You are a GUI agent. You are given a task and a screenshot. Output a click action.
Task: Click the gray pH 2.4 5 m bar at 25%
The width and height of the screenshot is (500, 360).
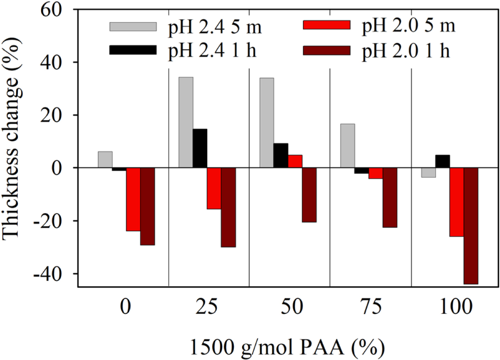tap(186, 122)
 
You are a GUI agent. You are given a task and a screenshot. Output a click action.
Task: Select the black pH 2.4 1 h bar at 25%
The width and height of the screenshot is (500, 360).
tap(200, 148)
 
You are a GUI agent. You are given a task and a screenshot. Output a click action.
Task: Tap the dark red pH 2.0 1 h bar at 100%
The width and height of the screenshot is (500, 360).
tap(471, 226)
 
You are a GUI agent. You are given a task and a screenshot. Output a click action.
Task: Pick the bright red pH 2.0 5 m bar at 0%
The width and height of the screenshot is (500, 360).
tap(133, 199)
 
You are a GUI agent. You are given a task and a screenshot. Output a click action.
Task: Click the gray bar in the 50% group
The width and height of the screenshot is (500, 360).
tap(267, 123)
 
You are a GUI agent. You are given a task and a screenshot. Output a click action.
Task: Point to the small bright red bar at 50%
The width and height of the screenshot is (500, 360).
tap(294, 162)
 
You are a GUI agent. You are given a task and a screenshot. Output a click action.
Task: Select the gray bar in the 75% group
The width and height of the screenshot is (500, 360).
tap(348, 146)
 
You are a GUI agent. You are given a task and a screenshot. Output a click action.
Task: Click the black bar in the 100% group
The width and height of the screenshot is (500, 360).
tap(443, 162)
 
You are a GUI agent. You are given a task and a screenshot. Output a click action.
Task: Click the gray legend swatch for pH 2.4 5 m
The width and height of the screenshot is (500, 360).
tap(133, 27)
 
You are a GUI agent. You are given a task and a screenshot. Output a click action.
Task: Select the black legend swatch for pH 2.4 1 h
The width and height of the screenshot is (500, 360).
tap(133, 50)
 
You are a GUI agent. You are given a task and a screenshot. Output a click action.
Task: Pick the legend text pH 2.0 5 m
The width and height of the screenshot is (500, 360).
tap(409, 26)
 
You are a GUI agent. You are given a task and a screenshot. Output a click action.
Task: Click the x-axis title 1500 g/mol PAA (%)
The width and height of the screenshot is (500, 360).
tap(286, 345)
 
